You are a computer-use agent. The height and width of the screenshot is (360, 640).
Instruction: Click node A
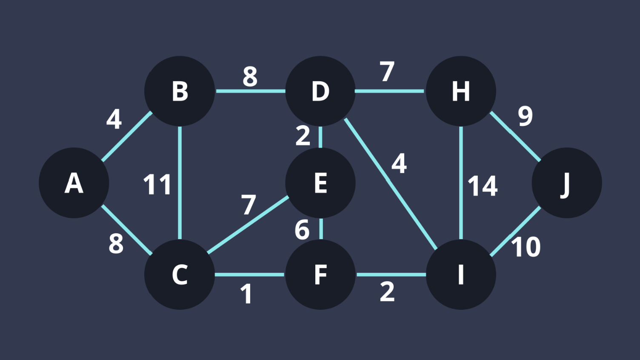[x=74, y=183]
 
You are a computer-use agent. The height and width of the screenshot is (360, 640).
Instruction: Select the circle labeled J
[x=566, y=183]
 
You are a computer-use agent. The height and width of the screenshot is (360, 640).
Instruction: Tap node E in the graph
[x=320, y=183]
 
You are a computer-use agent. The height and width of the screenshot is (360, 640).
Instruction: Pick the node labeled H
[x=461, y=91]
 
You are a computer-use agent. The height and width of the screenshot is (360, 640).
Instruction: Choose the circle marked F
[x=320, y=274]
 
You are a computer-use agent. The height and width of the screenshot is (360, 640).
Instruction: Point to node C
[x=180, y=274]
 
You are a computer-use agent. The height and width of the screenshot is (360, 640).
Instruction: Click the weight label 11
[x=157, y=185]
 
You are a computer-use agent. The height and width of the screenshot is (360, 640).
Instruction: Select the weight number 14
[x=483, y=186]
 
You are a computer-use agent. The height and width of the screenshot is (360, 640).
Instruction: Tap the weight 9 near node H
[x=525, y=116]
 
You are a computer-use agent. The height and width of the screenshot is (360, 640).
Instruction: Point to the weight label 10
[x=526, y=247]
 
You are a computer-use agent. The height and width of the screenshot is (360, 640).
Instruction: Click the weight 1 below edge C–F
[x=246, y=294]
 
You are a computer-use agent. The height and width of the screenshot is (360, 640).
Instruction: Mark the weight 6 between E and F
[x=302, y=230]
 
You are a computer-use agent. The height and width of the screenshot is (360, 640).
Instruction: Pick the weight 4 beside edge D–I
[x=399, y=163]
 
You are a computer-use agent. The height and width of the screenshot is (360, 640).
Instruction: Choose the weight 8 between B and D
[x=250, y=77]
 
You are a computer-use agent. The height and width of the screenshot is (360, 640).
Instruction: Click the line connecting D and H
[x=389, y=91]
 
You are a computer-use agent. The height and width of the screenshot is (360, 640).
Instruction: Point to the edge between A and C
[x=126, y=230]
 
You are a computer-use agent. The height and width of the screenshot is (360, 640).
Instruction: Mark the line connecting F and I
[x=391, y=274]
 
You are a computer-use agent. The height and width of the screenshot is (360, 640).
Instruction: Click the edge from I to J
[x=515, y=232]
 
